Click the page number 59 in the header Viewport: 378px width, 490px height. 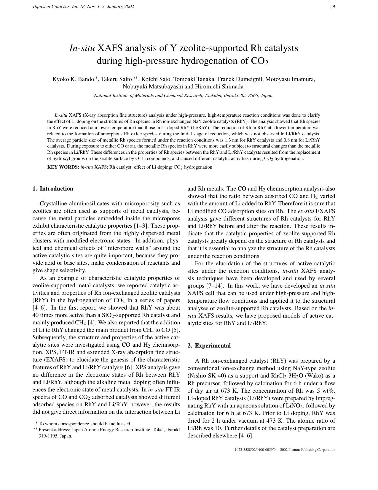pos(333,7)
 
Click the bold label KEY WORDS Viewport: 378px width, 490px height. pos(63,167)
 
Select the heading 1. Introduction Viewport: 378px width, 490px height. pos(53,189)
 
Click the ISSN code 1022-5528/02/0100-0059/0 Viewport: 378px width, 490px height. pos(255,450)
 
